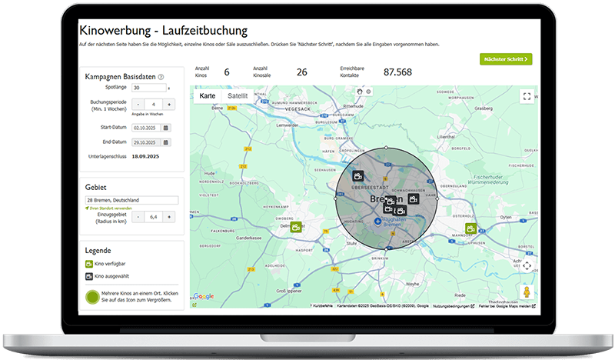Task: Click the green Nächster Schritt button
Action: [x=506, y=58]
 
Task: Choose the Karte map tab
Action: [x=207, y=96]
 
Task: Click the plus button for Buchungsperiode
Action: [x=169, y=105]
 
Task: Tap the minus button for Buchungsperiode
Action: [x=138, y=105]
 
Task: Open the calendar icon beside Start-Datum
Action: [x=166, y=128]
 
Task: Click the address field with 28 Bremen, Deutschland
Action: [x=131, y=201]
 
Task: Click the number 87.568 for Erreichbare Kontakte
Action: [x=397, y=72]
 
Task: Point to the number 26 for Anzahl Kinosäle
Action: [x=301, y=72]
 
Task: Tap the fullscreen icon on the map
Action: [x=527, y=97]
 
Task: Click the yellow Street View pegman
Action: [x=527, y=292]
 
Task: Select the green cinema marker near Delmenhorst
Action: [x=297, y=226]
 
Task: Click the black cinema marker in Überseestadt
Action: [x=358, y=176]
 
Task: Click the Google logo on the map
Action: [x=204, y=296]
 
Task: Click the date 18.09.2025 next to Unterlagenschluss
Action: [x=146, y=157]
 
